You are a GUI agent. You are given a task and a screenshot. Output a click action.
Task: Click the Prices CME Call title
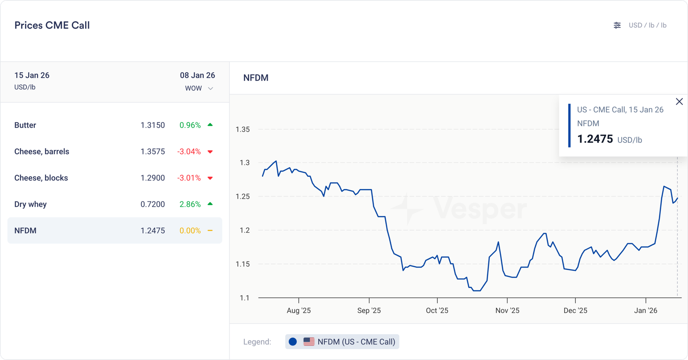[52, 25]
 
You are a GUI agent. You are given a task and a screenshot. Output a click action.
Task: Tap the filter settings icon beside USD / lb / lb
[617, 25]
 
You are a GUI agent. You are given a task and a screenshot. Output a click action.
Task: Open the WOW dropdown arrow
[211, 89]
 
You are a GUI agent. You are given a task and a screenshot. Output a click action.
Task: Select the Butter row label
[25, 125]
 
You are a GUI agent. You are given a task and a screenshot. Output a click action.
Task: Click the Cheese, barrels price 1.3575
[153, 151]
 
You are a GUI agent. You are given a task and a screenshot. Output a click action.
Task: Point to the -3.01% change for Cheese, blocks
[189, 178]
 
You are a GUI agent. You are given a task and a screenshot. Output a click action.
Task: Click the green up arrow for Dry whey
[210, 204]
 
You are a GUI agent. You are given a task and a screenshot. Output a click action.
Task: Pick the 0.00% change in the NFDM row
[190, 231]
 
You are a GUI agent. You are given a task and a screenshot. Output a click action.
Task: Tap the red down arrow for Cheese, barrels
[210, 152]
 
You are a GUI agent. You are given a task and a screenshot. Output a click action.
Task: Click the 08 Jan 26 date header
[197, 75]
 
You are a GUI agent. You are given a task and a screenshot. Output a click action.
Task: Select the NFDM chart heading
[256, 78]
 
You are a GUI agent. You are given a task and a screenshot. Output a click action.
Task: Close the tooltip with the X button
[679, 102]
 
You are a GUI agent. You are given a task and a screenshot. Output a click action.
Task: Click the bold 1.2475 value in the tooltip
[595, 139]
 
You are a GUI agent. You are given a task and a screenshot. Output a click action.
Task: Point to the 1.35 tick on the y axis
[243, 129]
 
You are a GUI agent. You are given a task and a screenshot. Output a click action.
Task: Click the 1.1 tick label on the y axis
[245, 298]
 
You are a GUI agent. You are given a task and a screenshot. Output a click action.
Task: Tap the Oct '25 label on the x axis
[437, 311]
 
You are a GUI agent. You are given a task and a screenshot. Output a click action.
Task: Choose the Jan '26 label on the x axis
[645, 311]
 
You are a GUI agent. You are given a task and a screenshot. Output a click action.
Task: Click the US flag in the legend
[309, 342]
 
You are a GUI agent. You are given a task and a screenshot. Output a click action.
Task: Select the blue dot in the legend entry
[293, 342]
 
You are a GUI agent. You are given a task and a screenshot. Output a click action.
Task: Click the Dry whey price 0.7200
[153, 204]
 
